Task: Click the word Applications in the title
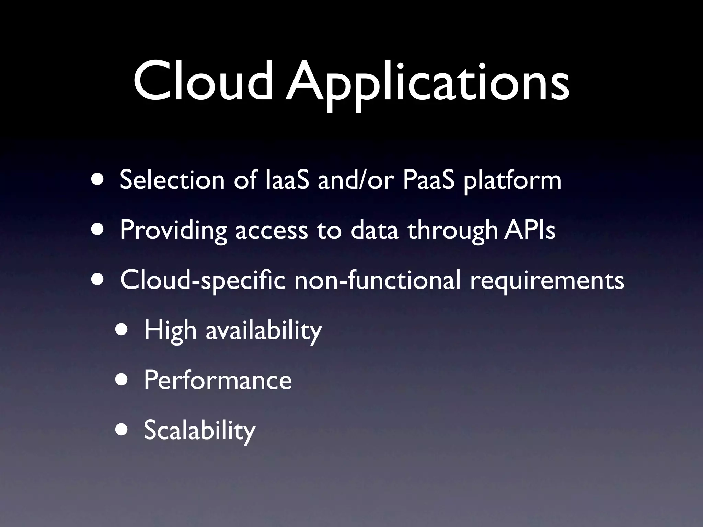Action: (427, 84)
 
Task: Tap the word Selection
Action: (172, 180)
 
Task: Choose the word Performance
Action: (218, 380)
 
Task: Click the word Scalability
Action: (199, 431)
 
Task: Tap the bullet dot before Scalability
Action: (122, 430)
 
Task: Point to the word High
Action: (170, 331)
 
